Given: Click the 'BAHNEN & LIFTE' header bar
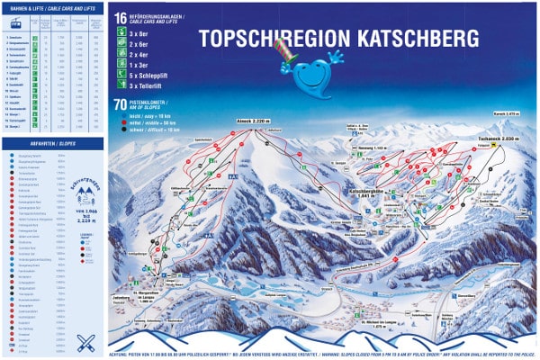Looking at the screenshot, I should [53, 5].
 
